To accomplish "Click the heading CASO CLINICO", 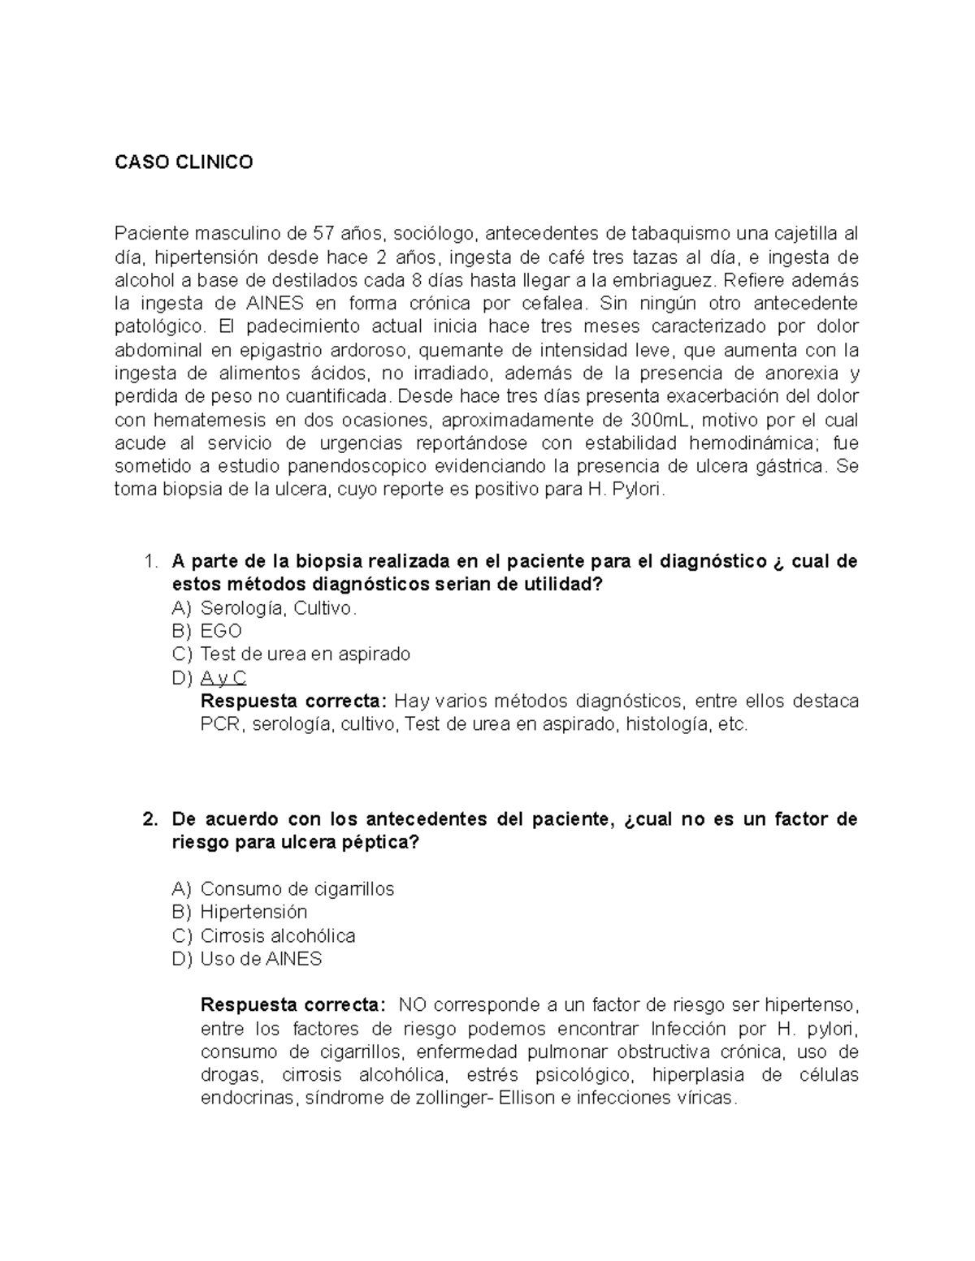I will pyautogui.click(x=184, y=162).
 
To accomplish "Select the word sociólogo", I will pyautogui.click(x=437, y=234).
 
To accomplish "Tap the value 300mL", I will pyautogui.click(x=661, y=421).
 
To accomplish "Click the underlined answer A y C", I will pyautogui.click(x=223, y=678).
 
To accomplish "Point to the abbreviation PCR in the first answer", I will pyautogui.click(x=220, y=724).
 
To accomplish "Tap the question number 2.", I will pyautogui.click(x=148, y=819).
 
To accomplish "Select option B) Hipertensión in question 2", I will pyautogui.click(x=253, y=912).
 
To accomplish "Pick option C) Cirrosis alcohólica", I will pyautogui.click(x=277, y=935).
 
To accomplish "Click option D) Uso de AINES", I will pyautogui.click(x=261, y=959).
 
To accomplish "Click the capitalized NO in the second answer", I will pyautogui.click(x=412, y=1005).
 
